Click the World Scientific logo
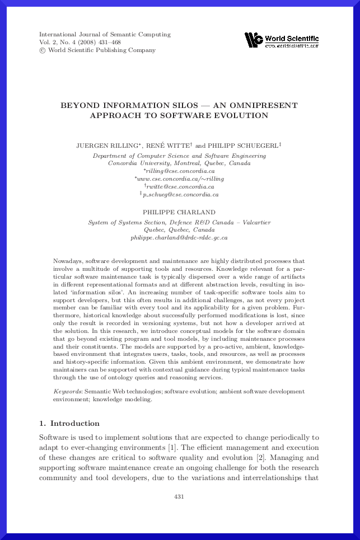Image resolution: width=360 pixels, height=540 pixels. (x=282, y=40)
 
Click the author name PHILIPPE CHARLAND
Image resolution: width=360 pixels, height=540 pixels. (x=179, y=213)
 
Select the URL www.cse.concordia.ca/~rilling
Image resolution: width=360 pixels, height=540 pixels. (x=180, y=179)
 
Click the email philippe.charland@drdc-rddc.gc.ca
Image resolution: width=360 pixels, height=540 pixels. (x=179, y=237)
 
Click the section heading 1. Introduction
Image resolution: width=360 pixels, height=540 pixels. (x=69, y=423)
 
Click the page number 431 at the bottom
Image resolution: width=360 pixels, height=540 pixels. (x=179, y=496)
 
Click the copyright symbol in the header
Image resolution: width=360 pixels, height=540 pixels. (x=43, y=50)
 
